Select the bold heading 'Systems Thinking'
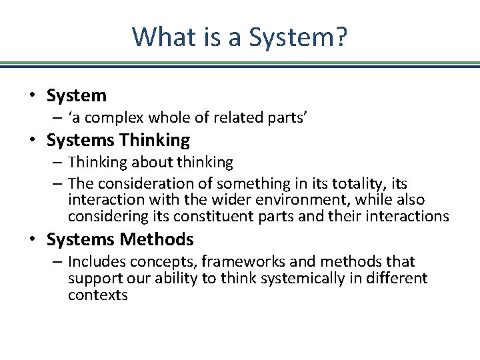[118, 140]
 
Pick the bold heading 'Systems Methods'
[120, 239]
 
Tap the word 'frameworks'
[239, 261]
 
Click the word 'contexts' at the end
[97, 295]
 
